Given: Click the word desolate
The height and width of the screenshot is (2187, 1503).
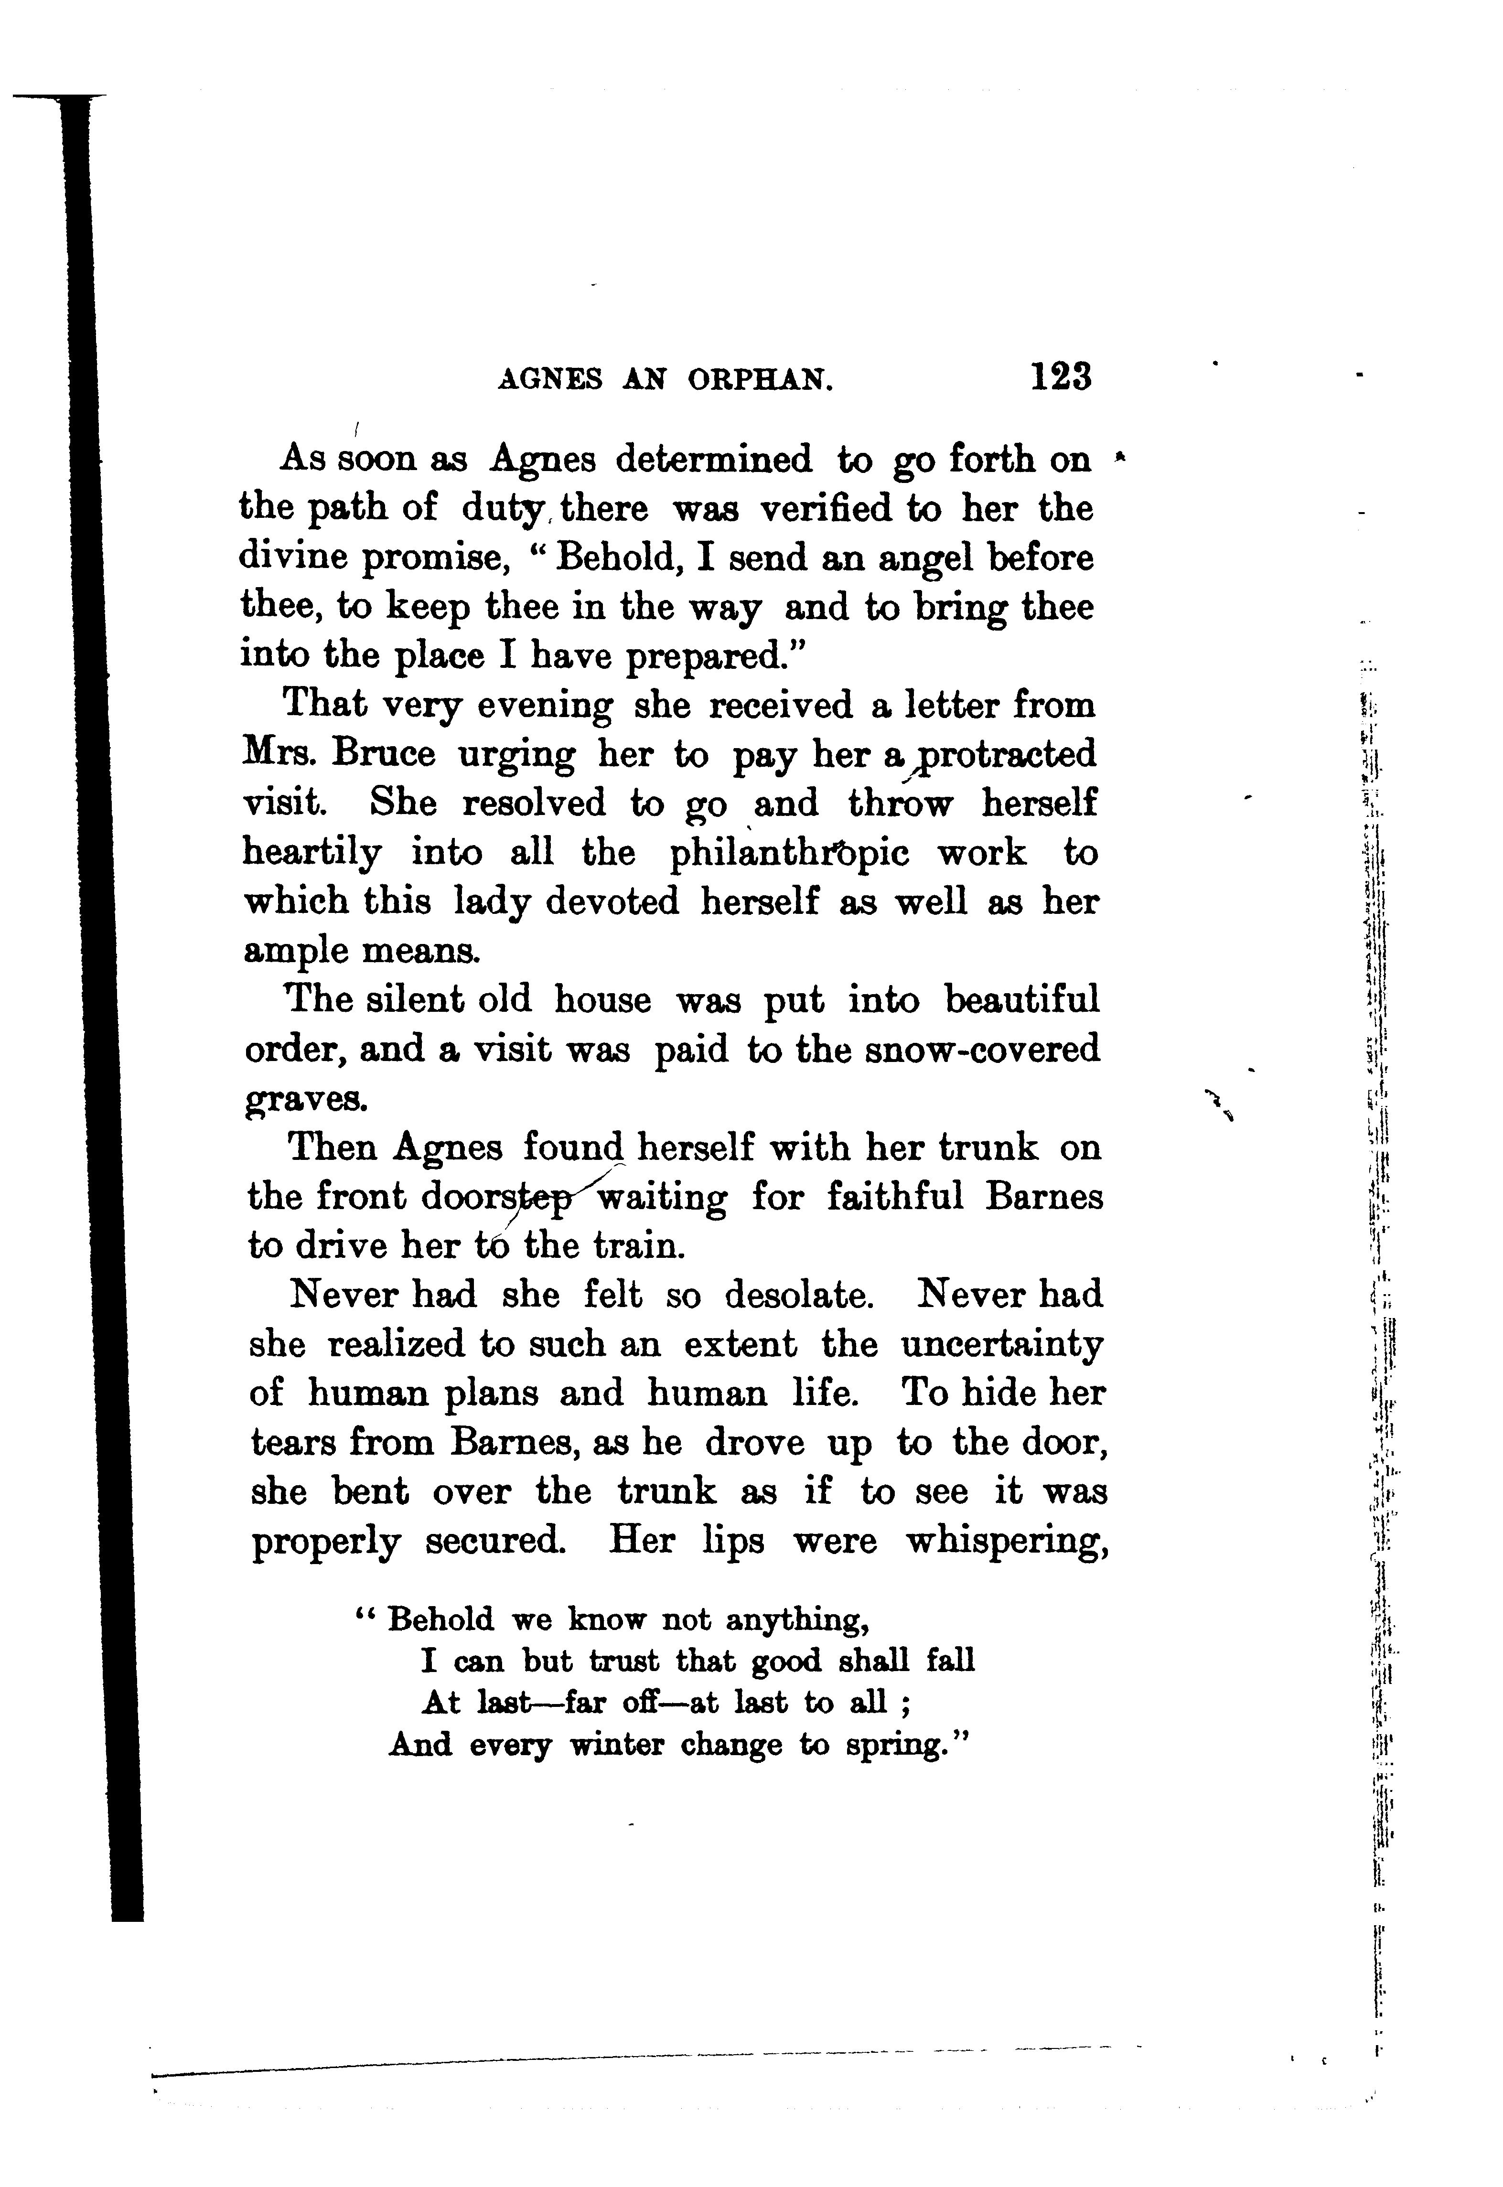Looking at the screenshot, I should click(x=799, y=1296).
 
